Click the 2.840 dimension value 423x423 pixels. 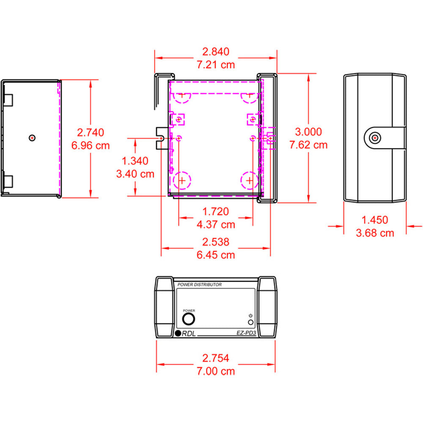click(x=216, y=52)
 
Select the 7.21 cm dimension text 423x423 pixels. click(x=216, y=65)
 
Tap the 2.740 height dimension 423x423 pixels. click(x=91, y=132)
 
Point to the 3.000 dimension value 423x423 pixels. click(x=308, y=132)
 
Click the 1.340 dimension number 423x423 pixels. click(x=135, y=161)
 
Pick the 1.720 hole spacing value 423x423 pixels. click(x=216, y=211)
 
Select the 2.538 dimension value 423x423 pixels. click(x=216, y=242)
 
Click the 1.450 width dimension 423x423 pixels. click(x=375, y=220)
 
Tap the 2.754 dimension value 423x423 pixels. click(x=216, y=358)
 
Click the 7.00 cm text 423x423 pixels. click(x=216, y=371)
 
